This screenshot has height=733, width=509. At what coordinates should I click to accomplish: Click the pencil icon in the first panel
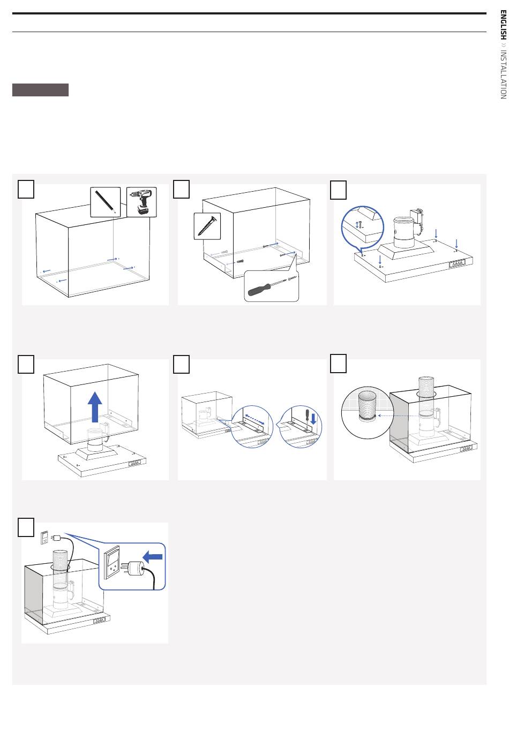[105, 201]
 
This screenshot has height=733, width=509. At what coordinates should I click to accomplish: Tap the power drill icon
[142, 202]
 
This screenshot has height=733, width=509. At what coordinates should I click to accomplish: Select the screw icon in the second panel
[207, 225]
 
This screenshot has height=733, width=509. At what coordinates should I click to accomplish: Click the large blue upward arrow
[95, 406]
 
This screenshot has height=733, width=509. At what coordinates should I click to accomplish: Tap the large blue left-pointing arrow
[153, 557]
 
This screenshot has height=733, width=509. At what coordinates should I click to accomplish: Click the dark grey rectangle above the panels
[41, 90]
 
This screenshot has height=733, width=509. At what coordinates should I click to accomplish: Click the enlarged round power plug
[137, 568]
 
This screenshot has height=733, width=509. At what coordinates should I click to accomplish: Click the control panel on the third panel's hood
[457, 264]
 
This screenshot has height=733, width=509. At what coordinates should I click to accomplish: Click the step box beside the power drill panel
[26, 189]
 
